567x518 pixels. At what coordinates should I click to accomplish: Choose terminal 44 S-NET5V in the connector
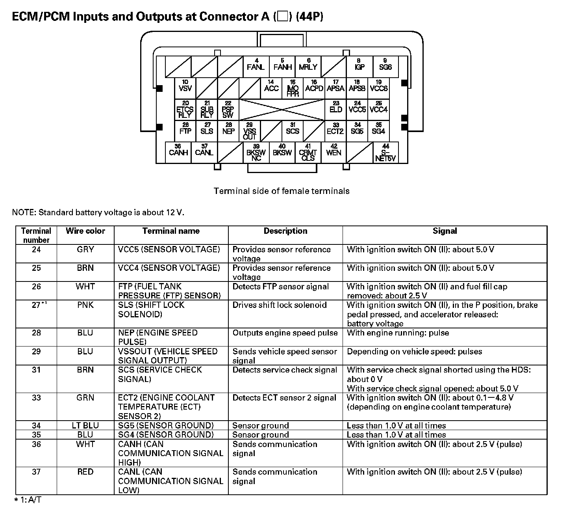pos(385,153)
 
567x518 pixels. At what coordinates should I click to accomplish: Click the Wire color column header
pos(85,231)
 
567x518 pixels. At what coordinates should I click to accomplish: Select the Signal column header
pos(445,231)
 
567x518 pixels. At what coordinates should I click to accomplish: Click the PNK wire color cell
pos(85,305)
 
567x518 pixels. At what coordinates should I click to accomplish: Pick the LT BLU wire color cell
pos(85,426)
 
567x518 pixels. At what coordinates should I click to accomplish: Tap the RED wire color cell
pos(85,472)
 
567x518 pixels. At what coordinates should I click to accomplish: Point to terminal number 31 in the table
pos(36,370)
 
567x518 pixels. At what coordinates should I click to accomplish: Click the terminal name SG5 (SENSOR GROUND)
pos(166,426)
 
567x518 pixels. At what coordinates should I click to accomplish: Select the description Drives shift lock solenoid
pos(280,305)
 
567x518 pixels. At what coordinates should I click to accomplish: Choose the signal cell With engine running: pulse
pos(398,333)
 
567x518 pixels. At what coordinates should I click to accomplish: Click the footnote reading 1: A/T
pos(28,500)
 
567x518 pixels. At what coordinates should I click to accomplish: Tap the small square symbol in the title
pos(283,17)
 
